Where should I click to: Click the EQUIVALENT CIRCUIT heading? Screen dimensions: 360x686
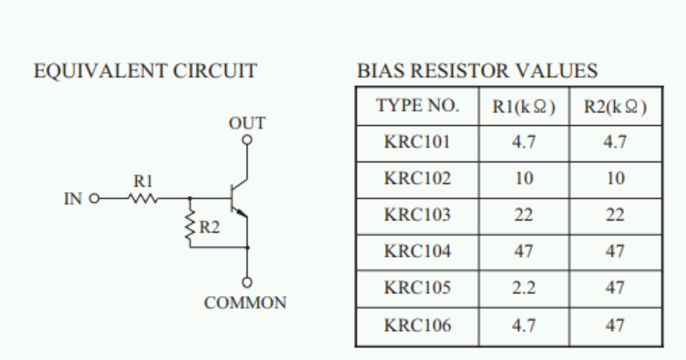(x=145, y=71)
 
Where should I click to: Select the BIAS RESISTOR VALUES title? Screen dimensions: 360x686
(x=477, y=71)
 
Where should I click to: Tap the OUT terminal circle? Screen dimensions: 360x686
(x=247, y=139)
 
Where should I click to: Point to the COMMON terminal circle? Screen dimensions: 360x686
(x=247, y=282)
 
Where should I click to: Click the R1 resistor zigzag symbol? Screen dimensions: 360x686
(x=143, y=199)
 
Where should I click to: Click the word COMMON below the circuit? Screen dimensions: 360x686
(x=245, y=303)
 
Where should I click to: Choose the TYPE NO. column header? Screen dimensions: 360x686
(x=417, y=106)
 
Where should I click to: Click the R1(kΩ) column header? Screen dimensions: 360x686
(x=524, y=107)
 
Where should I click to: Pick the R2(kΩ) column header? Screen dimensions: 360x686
(x=615, y=107)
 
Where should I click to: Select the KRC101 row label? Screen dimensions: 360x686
(x=417, y=142)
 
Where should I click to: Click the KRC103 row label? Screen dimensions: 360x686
(x=417, y=215)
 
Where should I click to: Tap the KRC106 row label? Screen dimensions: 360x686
(x=417, y=326)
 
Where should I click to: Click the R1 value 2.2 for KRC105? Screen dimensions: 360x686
(x=524, y=288)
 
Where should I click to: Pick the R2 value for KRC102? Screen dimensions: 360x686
(x=615, y=179)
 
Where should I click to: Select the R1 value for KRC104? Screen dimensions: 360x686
(x=524, y=251)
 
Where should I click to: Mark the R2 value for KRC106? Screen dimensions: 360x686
(x=615, y=326)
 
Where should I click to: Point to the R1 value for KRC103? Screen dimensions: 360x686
(x=524, y=215)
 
